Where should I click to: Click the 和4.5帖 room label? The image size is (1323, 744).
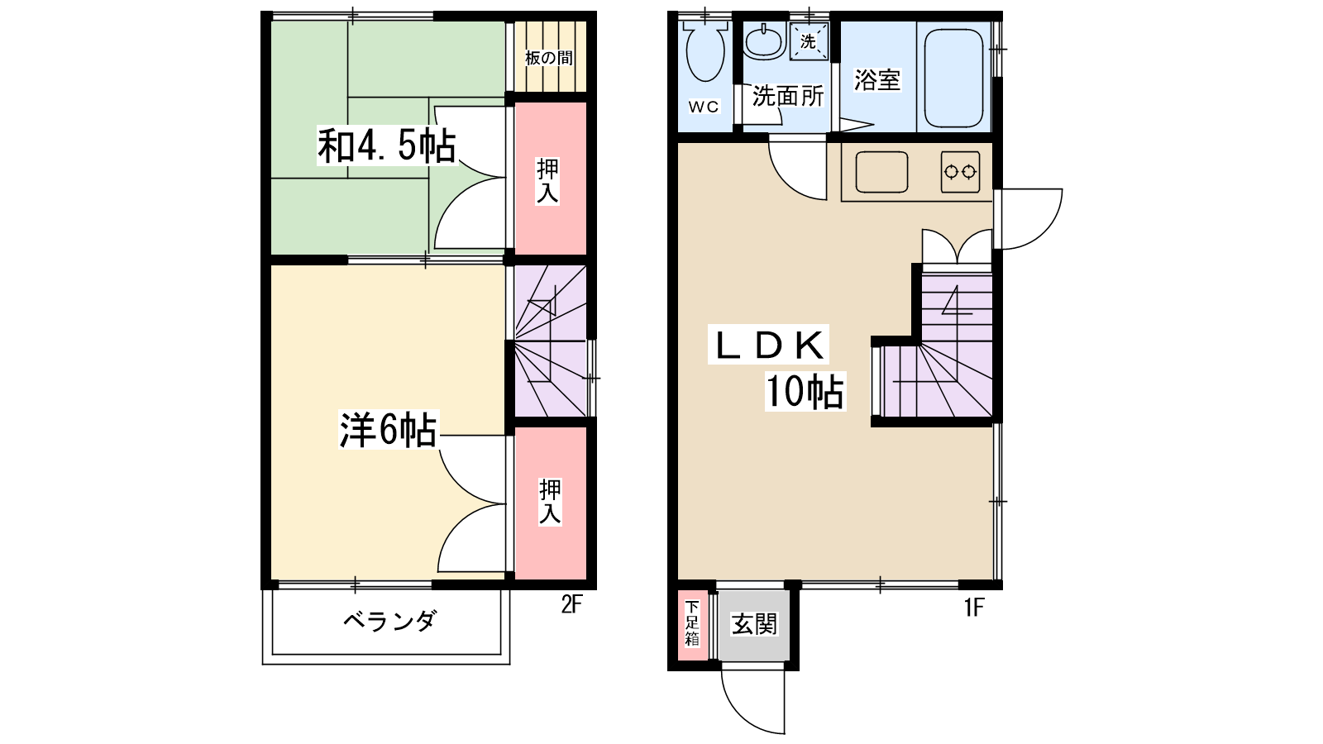point(386,146)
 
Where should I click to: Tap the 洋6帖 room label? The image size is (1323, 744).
point(388,430)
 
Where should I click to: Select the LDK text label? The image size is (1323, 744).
point(768,346)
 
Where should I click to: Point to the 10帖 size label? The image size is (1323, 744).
point(804,391)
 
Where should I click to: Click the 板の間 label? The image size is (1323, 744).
point(549,58)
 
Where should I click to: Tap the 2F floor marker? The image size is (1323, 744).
point(571,605)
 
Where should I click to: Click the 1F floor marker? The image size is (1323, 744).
point(974,608)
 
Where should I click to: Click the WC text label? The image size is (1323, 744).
point(704,107)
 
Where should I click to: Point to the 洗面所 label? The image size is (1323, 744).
point(787,96)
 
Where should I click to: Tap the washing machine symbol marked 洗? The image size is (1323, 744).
point(808,41)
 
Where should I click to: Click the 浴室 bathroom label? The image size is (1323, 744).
point(876,80)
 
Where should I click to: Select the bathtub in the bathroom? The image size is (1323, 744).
point(953,79)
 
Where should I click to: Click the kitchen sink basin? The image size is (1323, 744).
point(881,172)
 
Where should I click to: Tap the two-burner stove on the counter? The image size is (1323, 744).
point(960,172)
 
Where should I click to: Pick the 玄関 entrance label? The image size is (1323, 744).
point(754,624)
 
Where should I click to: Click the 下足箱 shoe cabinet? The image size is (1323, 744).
point(692,624)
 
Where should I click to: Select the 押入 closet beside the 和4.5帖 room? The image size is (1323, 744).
point(549,180)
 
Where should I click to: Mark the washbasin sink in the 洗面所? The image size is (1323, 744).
point(764,41)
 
